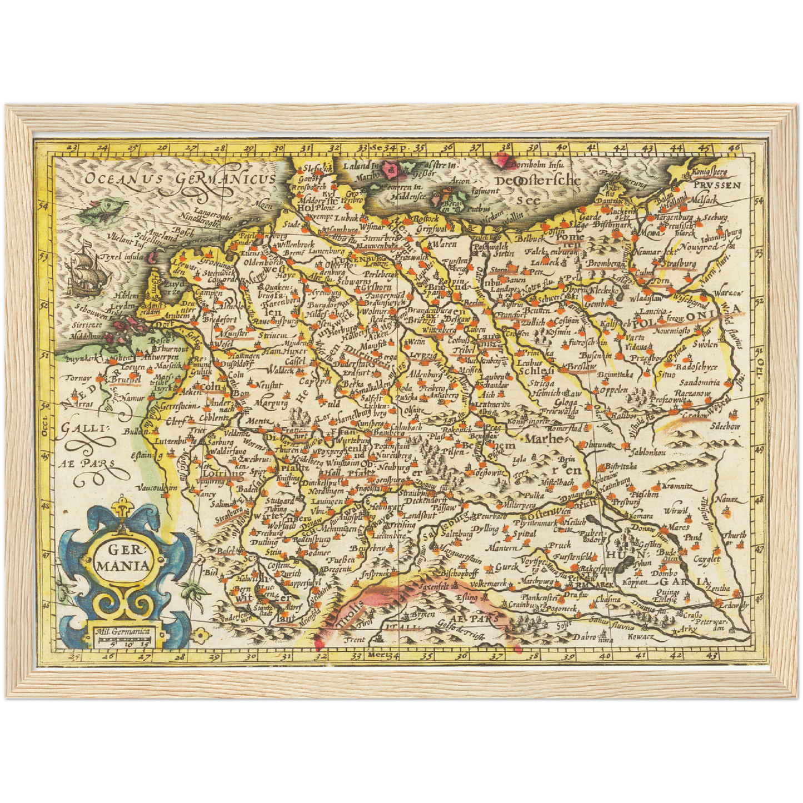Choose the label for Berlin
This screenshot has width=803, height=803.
click(x=473, y=302)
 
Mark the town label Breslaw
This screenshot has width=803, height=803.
click(x=581, y=367)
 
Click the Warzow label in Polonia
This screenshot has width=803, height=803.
click(x=727, y=293)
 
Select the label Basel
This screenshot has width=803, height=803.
click(x=226, y=552)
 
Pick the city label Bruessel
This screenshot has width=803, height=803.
click(x=125, y=380)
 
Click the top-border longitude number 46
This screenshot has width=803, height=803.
click(x=734, y=148)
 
